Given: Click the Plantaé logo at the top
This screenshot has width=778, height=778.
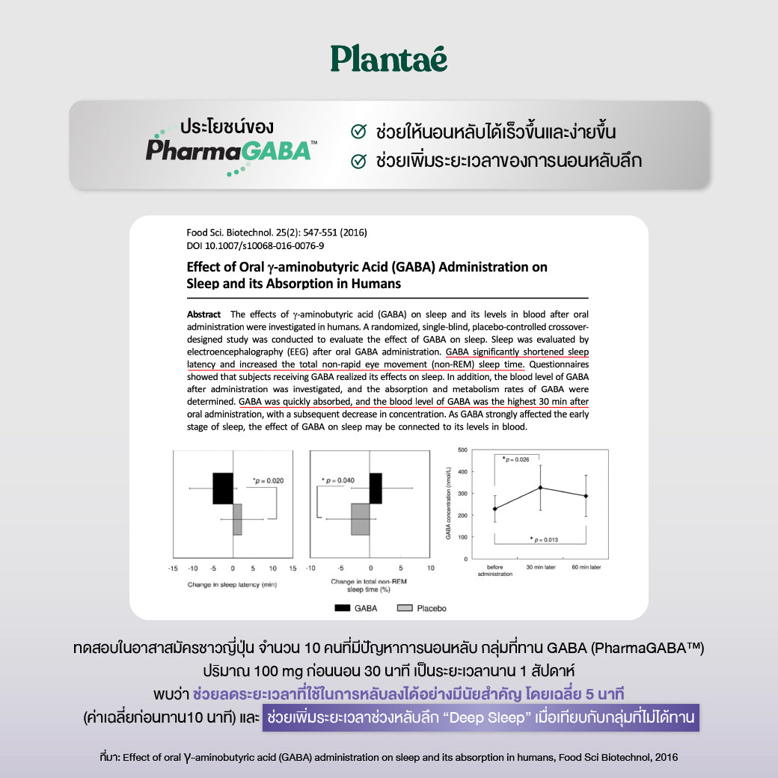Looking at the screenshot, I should [x=388, y=58].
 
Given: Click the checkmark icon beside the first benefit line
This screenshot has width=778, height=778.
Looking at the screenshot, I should [x=358, y=132].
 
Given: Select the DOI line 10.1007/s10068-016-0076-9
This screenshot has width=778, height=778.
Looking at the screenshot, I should [x=255, y=245].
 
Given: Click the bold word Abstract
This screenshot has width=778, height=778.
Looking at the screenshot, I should [x=203, y=314].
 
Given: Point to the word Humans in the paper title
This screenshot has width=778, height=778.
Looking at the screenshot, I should [x=374, y=284].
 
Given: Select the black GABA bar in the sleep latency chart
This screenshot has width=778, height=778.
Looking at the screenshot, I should [x=223, y=488].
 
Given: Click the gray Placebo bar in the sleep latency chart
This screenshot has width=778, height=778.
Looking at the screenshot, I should [x=237, y=519].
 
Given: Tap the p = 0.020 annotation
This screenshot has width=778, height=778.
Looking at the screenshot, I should [x=268, y=481].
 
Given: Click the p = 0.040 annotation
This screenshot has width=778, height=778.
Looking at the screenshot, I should [x=338, y=480].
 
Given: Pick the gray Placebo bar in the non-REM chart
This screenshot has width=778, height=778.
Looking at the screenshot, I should [x=361, y=519].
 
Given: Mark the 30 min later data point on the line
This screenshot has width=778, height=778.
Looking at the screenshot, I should [x=541, y=488].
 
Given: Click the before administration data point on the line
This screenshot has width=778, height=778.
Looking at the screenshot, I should [x=494, y=509].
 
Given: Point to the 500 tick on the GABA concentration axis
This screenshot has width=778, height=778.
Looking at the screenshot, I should [x=462, y=450].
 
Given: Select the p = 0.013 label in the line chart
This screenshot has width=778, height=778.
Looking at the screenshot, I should [x=544, y=539].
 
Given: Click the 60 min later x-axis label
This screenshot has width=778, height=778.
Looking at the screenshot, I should [x=586, y=568].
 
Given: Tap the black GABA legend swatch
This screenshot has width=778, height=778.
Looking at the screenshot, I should [x=342, y=608].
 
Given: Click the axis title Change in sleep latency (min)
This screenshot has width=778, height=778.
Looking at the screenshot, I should [x=232, y=584].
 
